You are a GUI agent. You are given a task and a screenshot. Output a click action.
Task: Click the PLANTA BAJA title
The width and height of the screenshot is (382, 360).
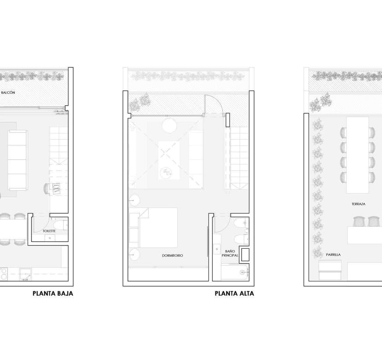coord(53,293)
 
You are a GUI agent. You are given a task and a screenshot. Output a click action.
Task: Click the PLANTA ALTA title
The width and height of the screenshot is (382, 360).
coord(234,293)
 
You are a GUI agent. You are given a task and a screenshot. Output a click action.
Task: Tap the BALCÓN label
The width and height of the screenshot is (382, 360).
coord(8,92)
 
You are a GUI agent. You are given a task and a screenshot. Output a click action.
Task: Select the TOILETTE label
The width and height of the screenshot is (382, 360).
coord(49,231)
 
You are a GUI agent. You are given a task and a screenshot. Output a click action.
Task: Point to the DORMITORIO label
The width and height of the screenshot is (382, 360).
coord(173,255)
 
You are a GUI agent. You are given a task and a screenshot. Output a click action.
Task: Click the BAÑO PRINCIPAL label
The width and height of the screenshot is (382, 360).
coord(230,253)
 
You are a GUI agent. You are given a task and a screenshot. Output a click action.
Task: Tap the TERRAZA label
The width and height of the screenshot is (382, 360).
coord(358,204)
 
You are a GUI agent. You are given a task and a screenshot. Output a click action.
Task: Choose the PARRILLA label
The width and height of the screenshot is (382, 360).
coord(333,255)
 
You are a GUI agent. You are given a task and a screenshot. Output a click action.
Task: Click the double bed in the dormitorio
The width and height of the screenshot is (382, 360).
coord(154,228)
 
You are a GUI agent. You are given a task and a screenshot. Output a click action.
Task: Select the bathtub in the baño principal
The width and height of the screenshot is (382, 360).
coord(235,272)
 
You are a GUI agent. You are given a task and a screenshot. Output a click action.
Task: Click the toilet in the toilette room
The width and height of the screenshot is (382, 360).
coord(60,225)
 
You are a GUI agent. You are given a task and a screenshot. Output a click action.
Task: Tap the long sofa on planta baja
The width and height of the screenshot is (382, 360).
coord(17,160)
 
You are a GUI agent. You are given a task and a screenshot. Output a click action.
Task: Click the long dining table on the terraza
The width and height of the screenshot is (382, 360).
coord(358,155)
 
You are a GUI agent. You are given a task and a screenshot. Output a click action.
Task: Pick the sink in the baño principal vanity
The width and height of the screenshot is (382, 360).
coord(217,249)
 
